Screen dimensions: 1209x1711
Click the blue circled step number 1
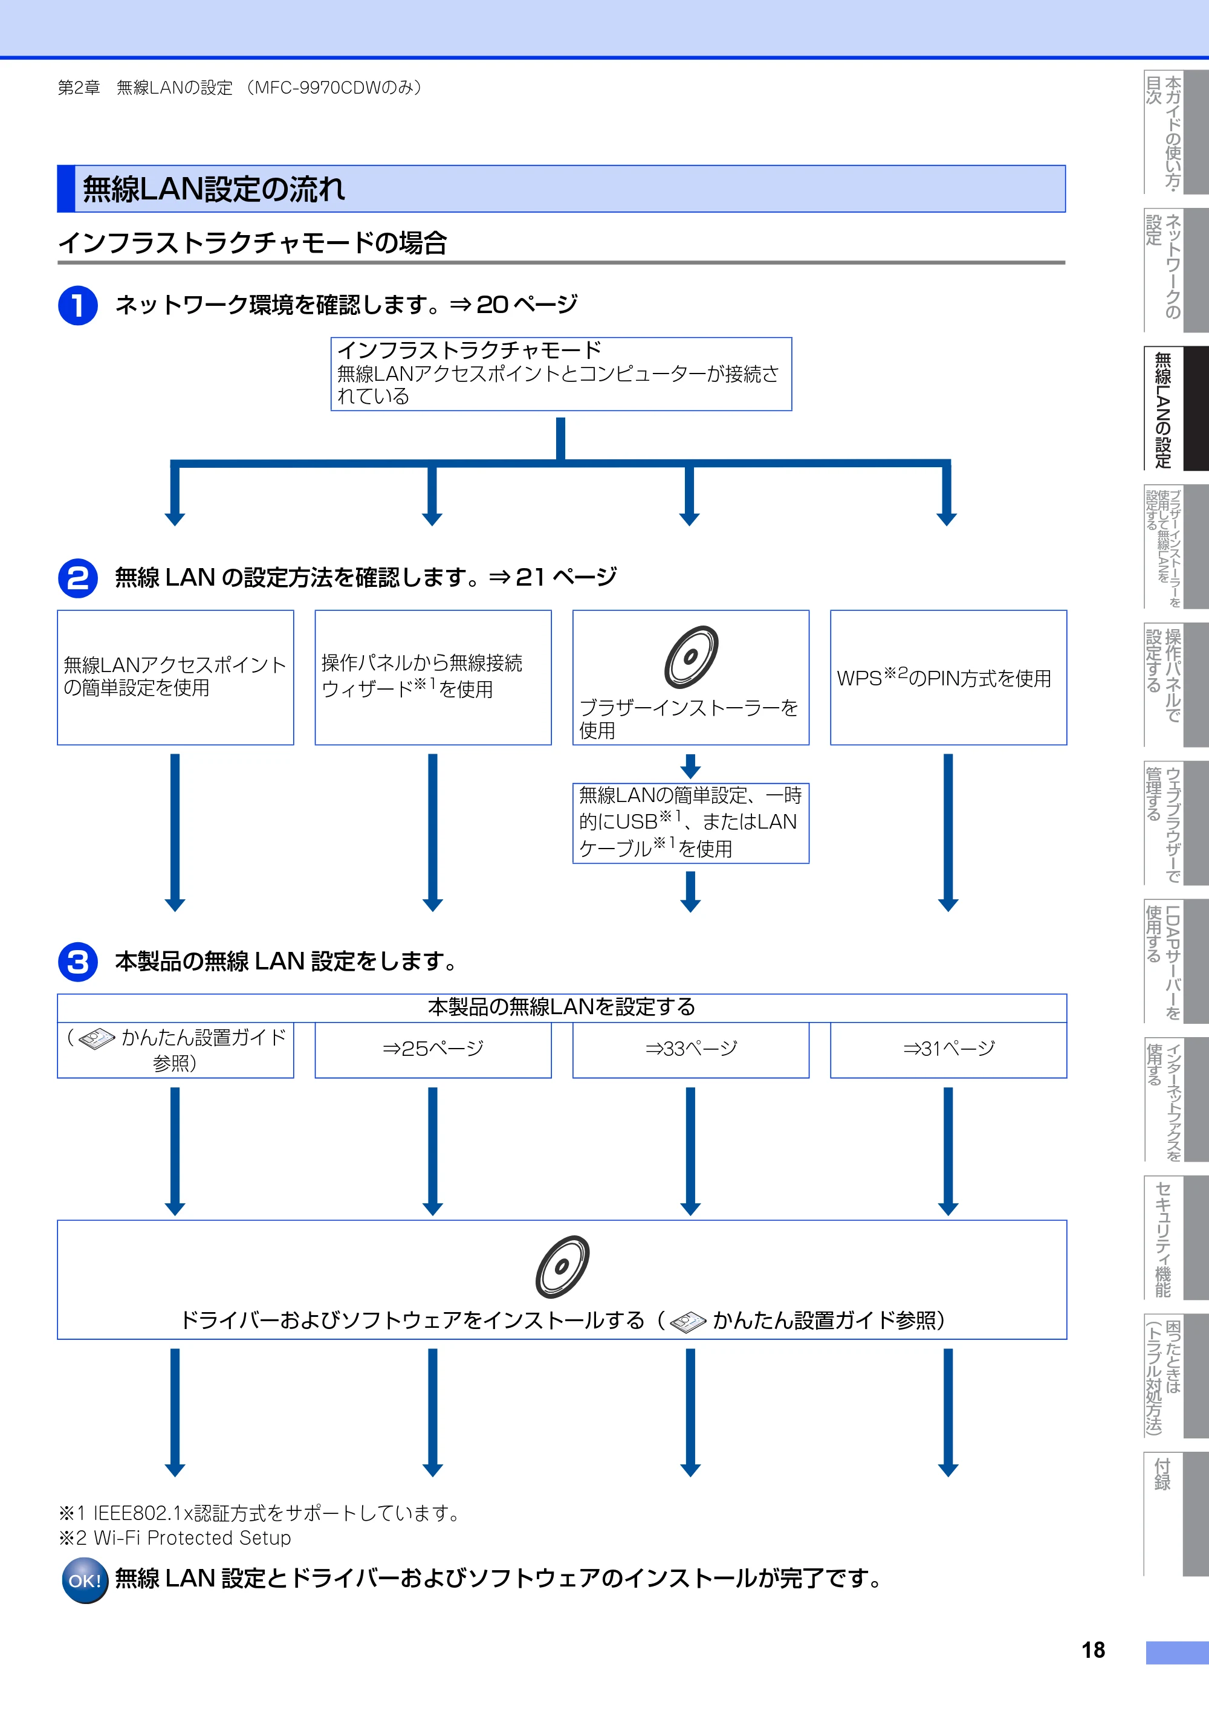tap(77, 306)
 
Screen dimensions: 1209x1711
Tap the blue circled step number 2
tap(77, 578)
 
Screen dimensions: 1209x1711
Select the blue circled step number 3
tap(77, 962)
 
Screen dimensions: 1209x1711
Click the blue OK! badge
tap(85, 1580)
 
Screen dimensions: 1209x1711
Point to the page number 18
tap(1093, 1650)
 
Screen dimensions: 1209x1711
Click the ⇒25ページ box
tap(433, 1049)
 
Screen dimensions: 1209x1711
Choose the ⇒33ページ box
tap(691, 1049)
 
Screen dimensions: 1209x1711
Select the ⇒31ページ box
tap(948, 1049)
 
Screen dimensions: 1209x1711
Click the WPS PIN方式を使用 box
tap(948, 678)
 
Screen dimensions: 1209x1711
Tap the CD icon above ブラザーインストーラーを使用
tap(691, 656)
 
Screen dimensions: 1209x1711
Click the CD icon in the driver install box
tap(562, 1267)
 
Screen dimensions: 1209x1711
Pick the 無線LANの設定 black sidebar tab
tap(1176, 409)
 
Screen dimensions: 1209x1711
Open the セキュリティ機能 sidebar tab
tap(1176, 1237)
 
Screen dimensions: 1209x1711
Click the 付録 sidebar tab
tap(1176, 1513)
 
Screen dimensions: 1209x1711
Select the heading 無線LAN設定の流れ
tap(213, 189)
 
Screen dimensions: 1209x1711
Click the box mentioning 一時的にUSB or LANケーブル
tap(691, 823)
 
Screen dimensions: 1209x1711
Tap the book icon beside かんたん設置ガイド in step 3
tap(97, 1039)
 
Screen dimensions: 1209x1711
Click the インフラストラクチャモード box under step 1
tap(561, 374)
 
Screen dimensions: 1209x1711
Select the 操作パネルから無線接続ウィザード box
tap(433, 678)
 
